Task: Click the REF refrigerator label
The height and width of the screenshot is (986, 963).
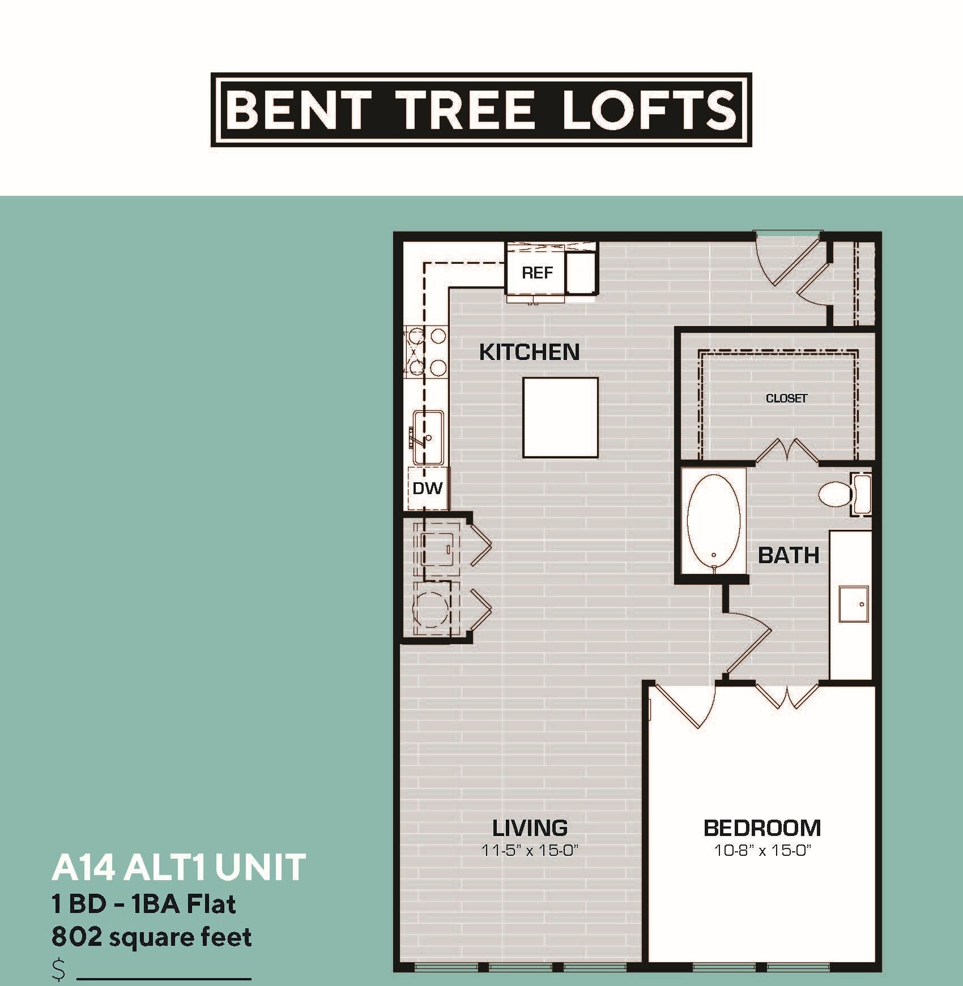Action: (x=536, y=273)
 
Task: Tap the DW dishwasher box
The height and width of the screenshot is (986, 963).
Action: (x=427, y=487)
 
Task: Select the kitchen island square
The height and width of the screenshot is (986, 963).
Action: (x=560, y=417)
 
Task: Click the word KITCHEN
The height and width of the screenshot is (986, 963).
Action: (x=529, y=352)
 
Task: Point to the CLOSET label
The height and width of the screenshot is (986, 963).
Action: (x=786, y=398)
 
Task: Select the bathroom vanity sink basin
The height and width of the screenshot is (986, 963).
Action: (x=854, y=604)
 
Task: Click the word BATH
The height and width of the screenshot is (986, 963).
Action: (x=789, y=556)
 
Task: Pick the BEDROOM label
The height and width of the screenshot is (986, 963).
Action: (x=762, y=828)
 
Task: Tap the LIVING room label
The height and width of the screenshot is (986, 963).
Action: (x=530, y=828)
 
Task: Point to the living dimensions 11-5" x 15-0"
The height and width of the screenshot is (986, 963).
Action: (x=529, y=850)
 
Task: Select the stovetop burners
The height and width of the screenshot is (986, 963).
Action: (x=425, y=352)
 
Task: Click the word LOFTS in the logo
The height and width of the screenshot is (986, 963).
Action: (x=649, y=110)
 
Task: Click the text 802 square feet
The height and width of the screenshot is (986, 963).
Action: (x=151, y=938)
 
